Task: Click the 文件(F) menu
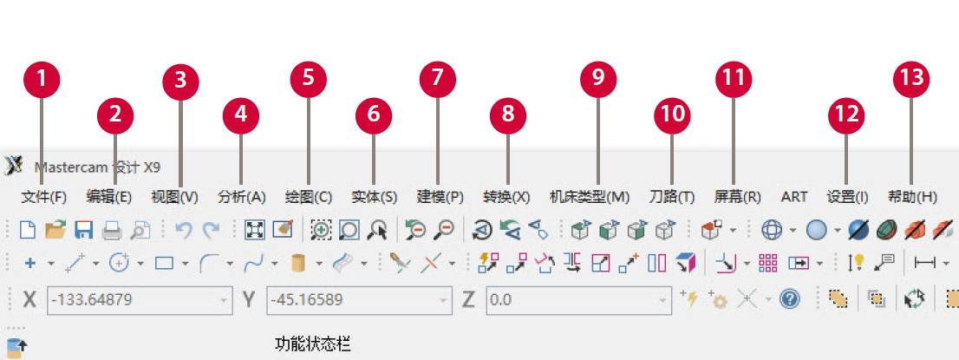click(43, 197)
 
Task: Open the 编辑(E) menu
click(109, 197)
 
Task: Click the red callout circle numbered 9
click(597, 78)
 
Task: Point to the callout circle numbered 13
click(911, 78)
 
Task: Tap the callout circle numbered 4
click(241, 114)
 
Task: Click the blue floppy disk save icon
click(83, 230)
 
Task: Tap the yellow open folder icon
click(55, 230)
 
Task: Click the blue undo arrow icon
click(183, 230)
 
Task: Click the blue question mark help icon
click(789, 299)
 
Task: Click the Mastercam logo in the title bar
click(14, 165)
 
